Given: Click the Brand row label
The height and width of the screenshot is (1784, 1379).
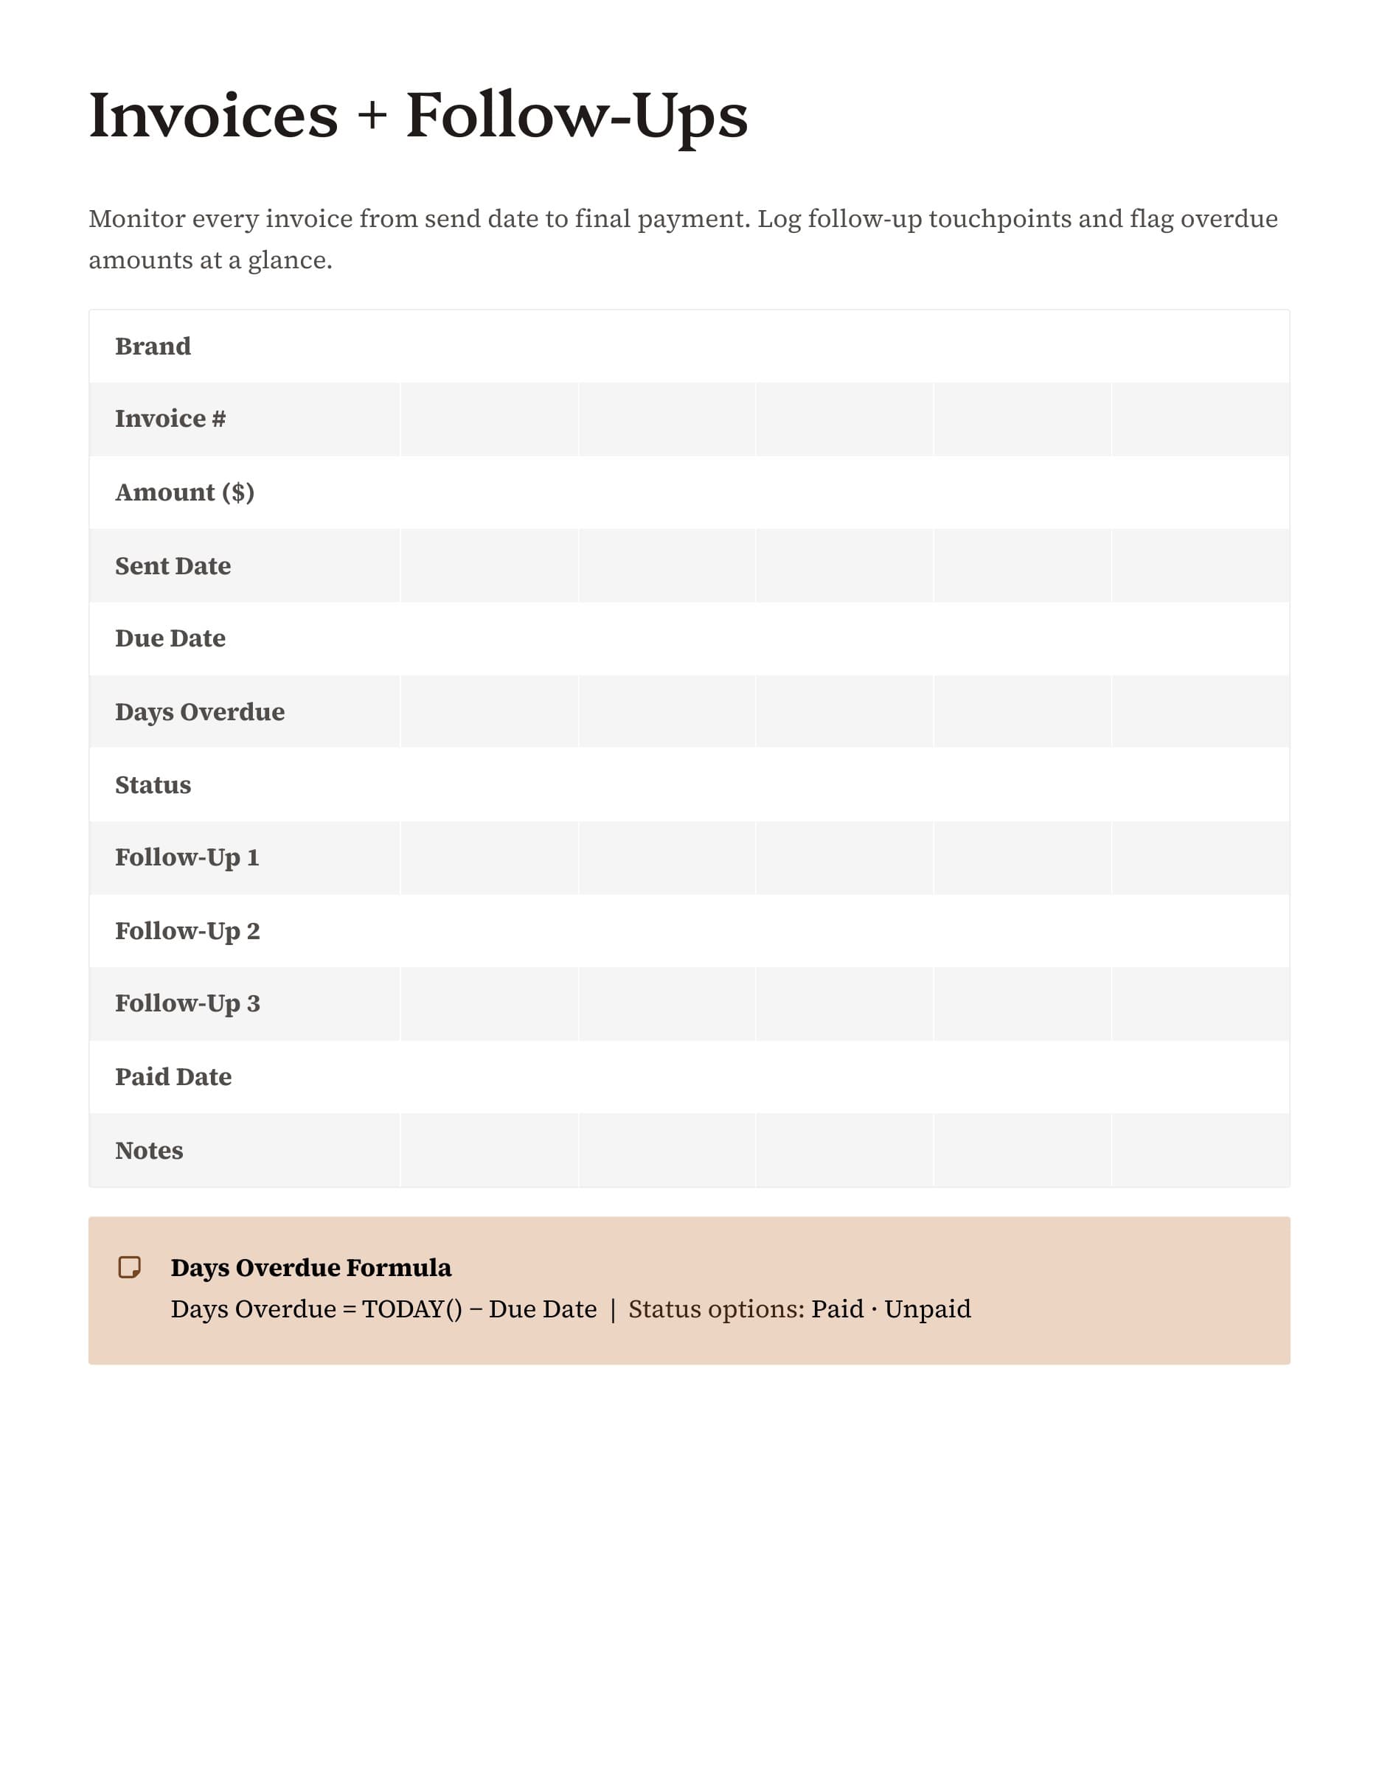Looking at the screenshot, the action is (153, 346).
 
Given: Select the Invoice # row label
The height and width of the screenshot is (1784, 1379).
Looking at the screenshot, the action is (170, 419).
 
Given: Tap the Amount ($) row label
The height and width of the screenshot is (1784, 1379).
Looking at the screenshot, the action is (184, 492).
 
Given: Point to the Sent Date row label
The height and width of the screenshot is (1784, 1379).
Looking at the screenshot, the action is (173, 566).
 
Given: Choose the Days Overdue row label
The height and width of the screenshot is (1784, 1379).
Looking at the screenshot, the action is (199, 711).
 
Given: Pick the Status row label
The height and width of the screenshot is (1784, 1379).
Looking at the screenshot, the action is (153, 785).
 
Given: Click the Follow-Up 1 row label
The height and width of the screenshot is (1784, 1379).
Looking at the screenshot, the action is (187, 857).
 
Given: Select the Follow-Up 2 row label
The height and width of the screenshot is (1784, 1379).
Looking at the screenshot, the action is (187, 931).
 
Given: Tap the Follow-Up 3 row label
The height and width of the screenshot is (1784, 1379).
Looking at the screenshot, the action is (187, 1003).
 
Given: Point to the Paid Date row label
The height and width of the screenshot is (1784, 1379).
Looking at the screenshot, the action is (173, 1076).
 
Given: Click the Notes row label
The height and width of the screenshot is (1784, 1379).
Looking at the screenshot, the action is (149, 1150).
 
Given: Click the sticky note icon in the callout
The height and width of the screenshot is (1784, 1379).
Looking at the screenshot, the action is (129, 1267).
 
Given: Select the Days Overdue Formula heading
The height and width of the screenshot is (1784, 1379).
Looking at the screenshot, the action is (310, 1267).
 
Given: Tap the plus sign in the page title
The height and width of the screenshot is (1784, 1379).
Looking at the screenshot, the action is (372, 115).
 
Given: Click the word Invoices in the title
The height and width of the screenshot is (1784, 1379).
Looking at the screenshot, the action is (213, 115).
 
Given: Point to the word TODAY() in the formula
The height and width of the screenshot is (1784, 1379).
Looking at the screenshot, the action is (411, 1309).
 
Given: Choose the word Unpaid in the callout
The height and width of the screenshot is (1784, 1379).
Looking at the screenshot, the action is (927, 1309).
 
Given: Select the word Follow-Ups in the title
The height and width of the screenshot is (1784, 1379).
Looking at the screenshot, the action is (577, 115).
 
